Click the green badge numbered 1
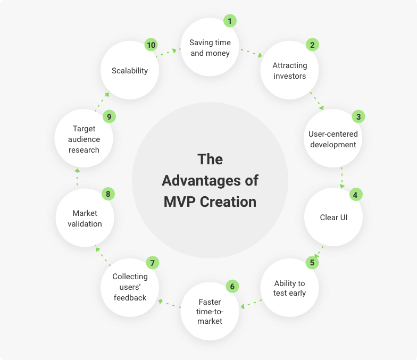[x=230, y=21]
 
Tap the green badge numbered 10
[x=151, y=45]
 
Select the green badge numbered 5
[x=312, y=263]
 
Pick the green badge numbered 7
[x=152, y=263]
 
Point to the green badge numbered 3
[x=358, y=116]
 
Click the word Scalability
[x=130, y=71]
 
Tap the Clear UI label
[x=333, y=217]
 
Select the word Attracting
[x=289, y=65]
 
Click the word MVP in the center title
[x=180, y=202]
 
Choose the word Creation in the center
[x=228, y=202]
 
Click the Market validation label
[x=85, y=219]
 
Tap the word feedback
[x=130, y=298]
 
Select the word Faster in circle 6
[x=210, y=302]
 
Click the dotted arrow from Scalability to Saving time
[x=166, y=53]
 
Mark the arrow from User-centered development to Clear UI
[x=342, y=178]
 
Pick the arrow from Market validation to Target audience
[x=77, y=177]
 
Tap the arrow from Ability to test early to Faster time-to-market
[x=251, y=304]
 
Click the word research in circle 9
[x=84, y=150]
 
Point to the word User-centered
[x=333, y=134]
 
